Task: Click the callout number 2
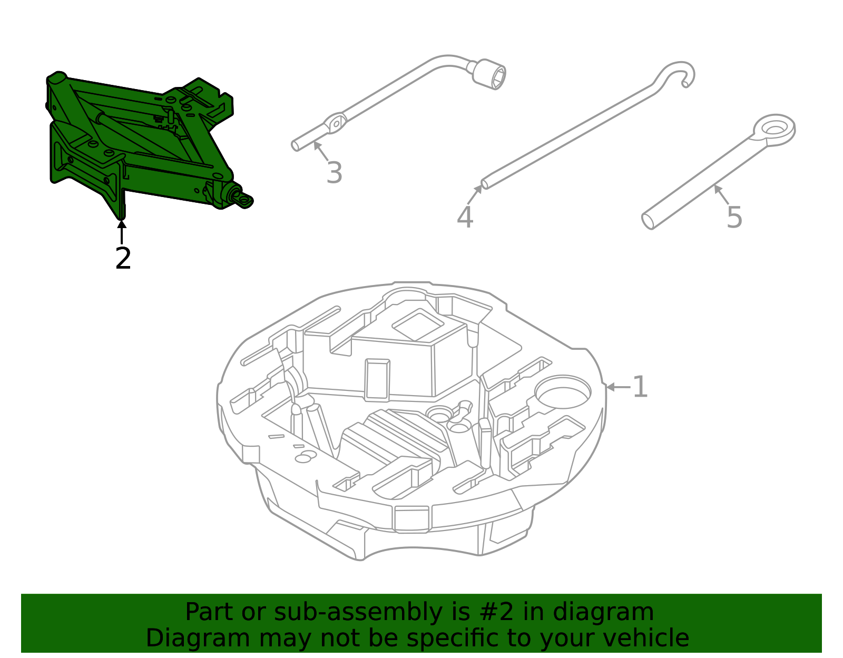(123, 258)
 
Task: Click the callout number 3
(334, 173)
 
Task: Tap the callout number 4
(465, 217)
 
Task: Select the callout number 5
(734, 217)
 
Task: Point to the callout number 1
(640, 387)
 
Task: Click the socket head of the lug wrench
(489, 75)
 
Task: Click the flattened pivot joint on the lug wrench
(335, 124)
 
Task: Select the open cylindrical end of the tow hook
(648, 221)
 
